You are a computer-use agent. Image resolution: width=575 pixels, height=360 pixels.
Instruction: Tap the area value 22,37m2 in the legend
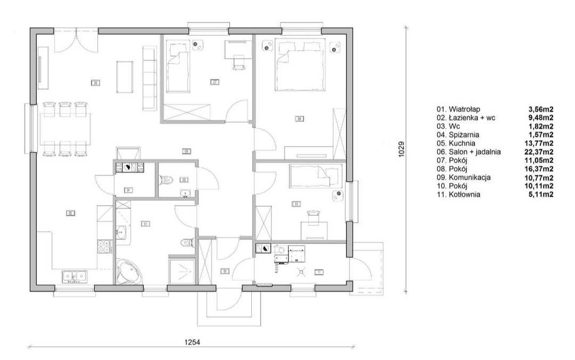point(540,152)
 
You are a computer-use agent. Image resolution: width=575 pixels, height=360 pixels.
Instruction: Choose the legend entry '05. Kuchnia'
point(457,143)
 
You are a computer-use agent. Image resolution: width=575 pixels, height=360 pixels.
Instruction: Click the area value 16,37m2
point(540,169)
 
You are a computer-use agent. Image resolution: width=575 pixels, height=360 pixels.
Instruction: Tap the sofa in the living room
point(149,78)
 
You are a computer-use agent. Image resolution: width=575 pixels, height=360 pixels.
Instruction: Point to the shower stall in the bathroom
point(183,269)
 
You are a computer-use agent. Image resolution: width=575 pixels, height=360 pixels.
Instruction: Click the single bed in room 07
point(179,66)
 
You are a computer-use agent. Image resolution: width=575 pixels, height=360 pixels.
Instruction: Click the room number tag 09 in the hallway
point(186,151)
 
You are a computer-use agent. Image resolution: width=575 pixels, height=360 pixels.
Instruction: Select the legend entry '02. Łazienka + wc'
point(466,117)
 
